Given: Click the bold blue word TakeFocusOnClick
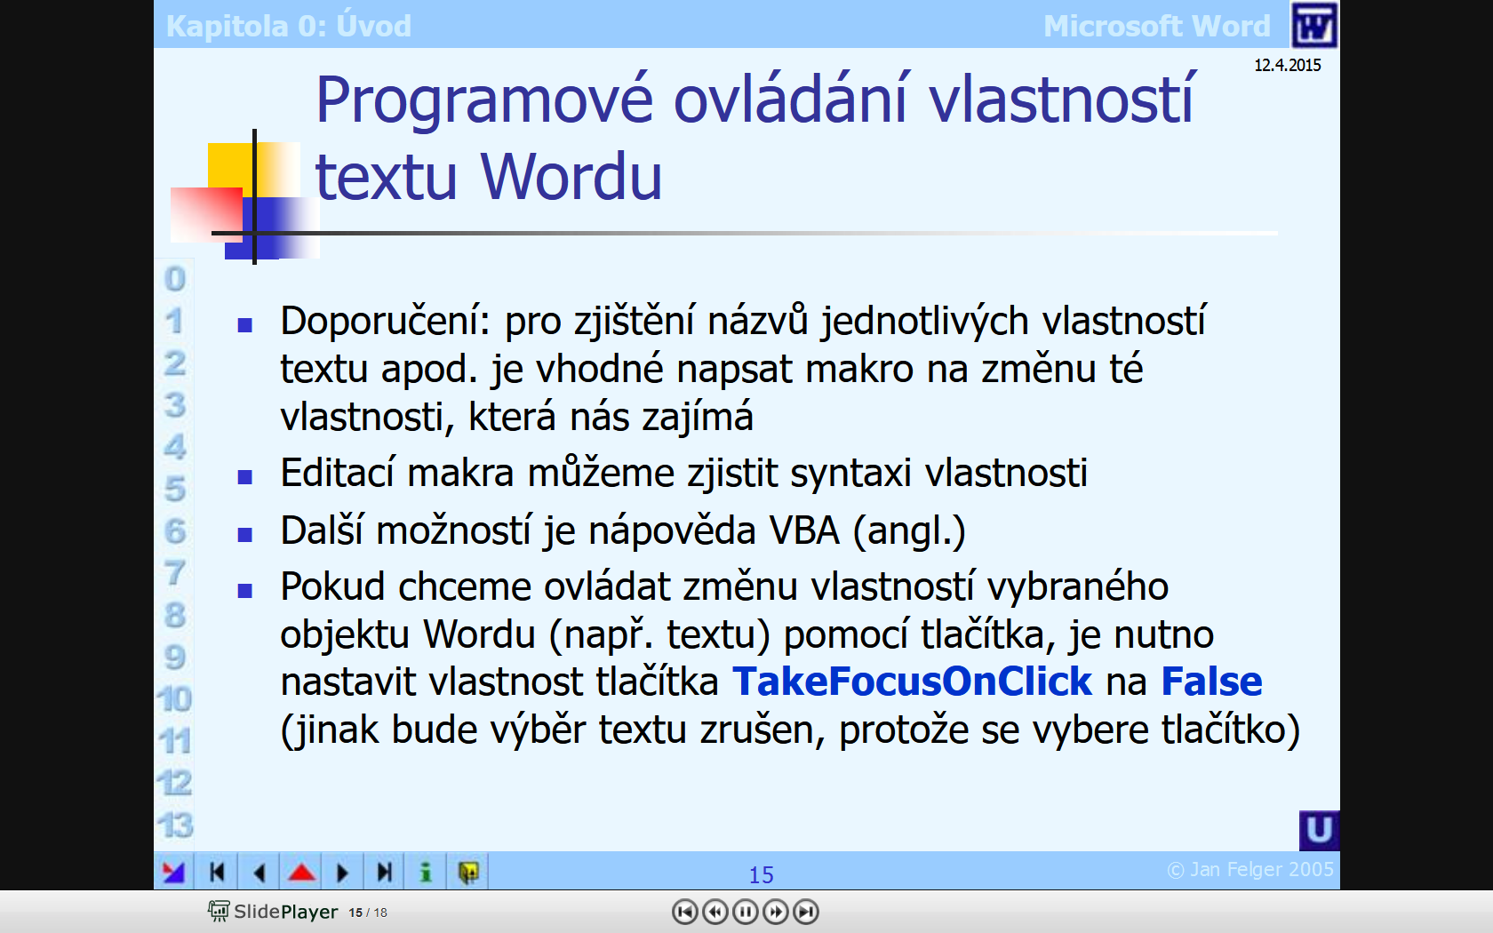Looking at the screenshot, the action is [912, 682].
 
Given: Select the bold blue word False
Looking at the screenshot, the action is [1211, 682].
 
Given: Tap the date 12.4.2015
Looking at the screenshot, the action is [1287, 66].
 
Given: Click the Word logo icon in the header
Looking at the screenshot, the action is [1313, 25].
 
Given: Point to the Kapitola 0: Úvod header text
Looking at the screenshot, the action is [289, 26].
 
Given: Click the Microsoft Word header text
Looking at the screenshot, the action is [1156, 26].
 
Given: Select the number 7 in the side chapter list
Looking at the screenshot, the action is [174, 572].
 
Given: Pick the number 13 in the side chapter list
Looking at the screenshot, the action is [174, 825].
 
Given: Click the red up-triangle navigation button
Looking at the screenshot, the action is [301, 872].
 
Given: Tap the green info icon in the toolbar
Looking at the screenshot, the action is [426, 872].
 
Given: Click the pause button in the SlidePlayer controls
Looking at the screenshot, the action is [745, 912].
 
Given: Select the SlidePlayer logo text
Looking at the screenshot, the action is [285, 912].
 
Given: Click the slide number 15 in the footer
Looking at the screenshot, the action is [761, 875].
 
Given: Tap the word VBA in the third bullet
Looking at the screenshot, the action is [803, 531].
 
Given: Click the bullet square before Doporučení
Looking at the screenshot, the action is [244, 325].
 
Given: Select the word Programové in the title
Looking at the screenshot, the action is [484, 101].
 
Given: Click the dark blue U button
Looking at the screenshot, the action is [1319, 830].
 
